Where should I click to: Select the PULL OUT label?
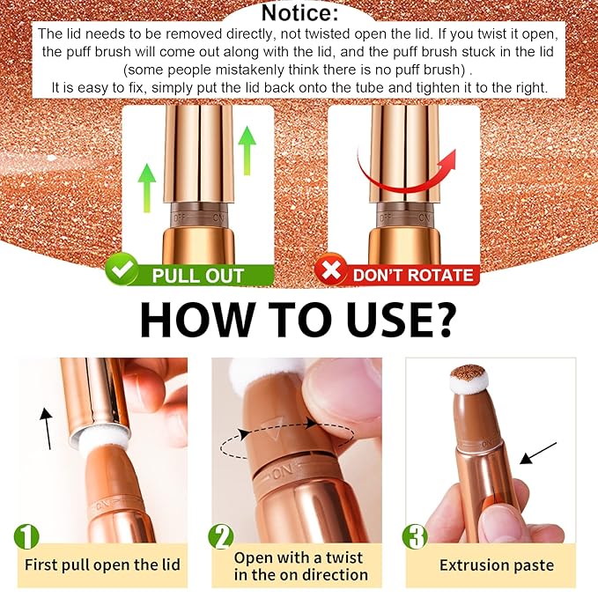coord(197,275)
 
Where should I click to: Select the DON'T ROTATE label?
coord(413,275)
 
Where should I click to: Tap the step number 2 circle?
coord(221,536)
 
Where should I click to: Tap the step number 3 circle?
coord(413,536)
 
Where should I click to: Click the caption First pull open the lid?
coord(102,565)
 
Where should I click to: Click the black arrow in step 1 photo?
coord(46,425)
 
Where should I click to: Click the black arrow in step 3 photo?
coord(538,453)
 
